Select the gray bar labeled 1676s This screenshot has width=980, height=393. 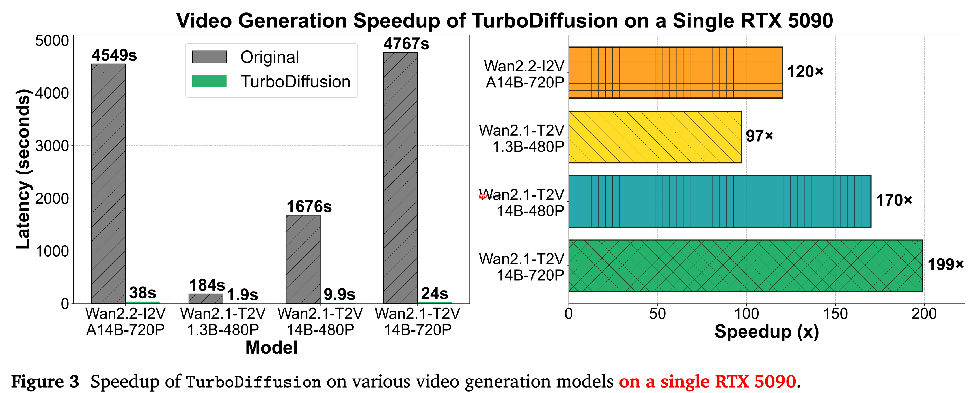click(x=303, y=259)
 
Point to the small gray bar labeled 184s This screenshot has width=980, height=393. click(x=206, y=298)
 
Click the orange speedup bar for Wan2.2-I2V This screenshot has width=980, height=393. click(x=675, y=73)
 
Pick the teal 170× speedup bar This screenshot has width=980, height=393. click(x=719, y=201)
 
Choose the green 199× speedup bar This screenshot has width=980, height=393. click(x=745, y=265)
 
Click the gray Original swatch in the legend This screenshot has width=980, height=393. click(x=209, y=57)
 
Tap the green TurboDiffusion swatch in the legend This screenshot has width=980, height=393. click(x=209, y=82)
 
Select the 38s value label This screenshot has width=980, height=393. click(x=143, y=293)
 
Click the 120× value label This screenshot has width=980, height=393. click(x=805, y=72)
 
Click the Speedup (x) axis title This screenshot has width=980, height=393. click(x=767, y=331)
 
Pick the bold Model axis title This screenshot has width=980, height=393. click(x=271, y=347)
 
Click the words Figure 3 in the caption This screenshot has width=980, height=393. click(x=45, y=381)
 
